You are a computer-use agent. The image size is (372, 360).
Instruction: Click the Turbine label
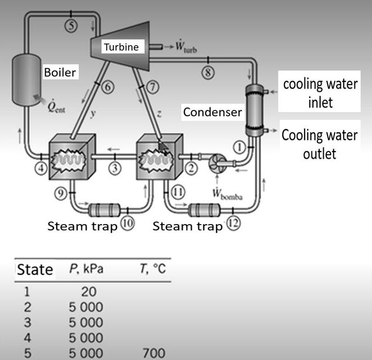click(121, 47)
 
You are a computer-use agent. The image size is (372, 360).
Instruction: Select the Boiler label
click(60, 72)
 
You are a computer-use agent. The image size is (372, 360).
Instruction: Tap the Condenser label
click(212, 112)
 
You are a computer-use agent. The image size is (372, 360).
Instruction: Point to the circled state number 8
click(208, 73)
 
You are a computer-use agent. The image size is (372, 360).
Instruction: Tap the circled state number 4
click(41, 168)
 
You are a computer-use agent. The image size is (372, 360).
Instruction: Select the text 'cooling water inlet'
click(320, 93)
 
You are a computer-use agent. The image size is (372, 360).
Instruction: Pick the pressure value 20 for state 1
click(85, 292)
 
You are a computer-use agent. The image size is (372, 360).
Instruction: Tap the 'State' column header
click(35, 269)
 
